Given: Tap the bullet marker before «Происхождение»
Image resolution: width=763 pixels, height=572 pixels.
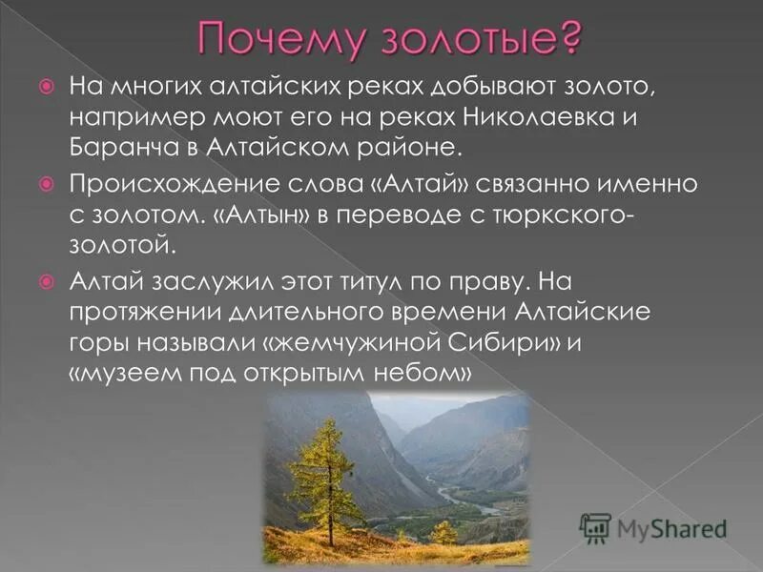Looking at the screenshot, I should [x=45, y=181].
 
